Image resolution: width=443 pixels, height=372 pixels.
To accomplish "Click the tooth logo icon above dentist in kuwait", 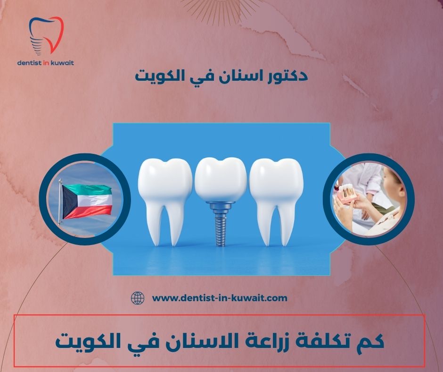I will pyautogui.click(x=46, y=35).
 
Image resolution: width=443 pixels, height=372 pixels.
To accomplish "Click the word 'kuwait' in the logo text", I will pyautogui.click(x=67, y=62).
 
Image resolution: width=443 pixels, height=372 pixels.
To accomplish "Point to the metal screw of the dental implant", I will pyautogui.click(x=220, y=224).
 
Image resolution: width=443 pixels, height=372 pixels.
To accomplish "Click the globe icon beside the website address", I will pyautogui.click(x=137, y=298).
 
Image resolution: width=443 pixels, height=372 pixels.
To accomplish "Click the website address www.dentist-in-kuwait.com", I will pyautogui.click(x=220, y=298).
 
